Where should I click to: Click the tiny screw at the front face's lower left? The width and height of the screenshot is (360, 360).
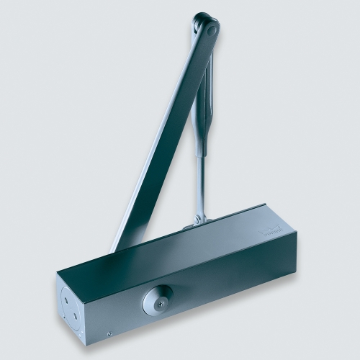pyautogui.click(x=109, y=333)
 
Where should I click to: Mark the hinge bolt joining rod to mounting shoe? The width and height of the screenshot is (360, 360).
pyautogui.click(x=199, y=216)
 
